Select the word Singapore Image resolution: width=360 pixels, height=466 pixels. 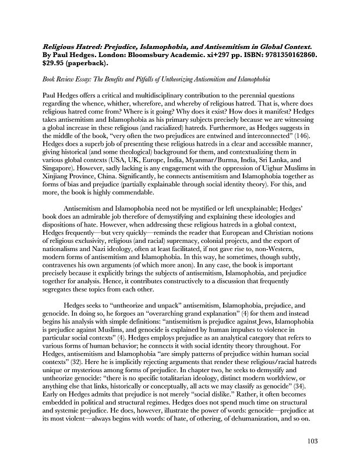(x=60, y=165)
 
